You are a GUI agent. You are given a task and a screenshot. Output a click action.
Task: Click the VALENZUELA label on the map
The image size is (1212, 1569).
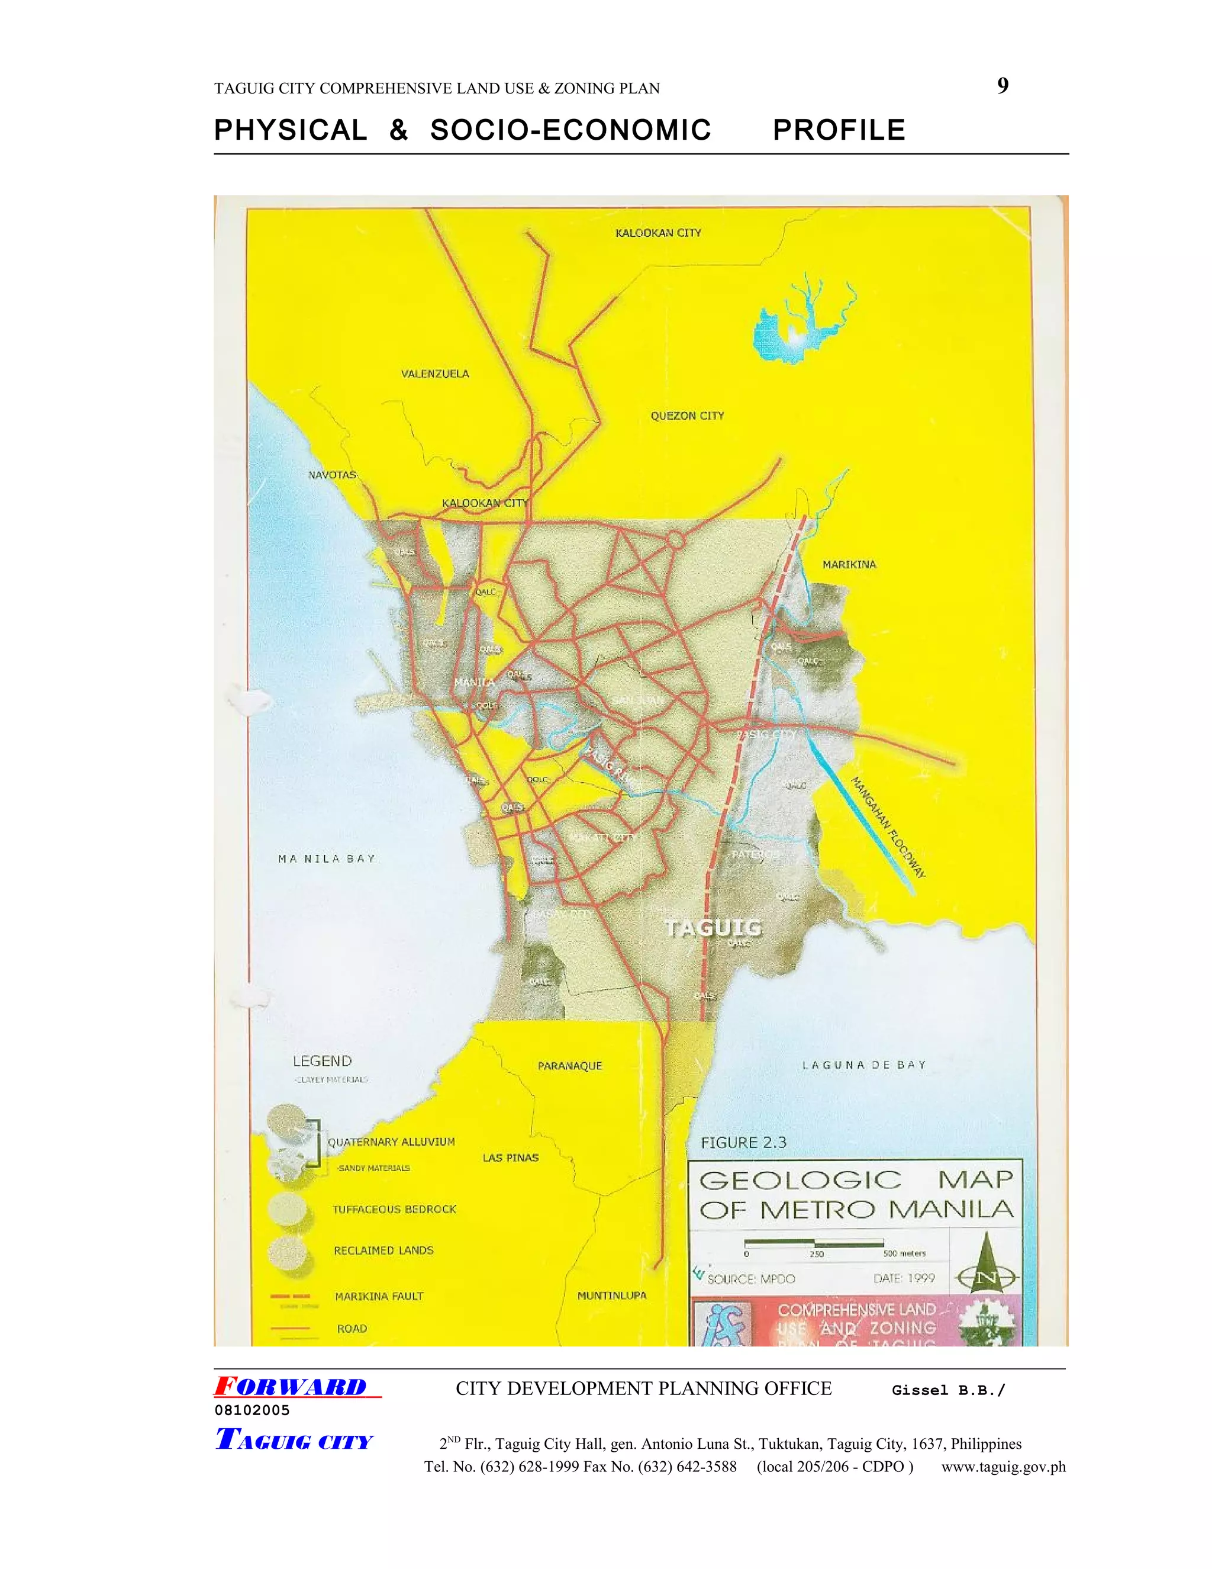(x=434, y=374)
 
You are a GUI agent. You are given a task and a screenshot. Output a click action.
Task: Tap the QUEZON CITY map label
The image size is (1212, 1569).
(x=687, y=415)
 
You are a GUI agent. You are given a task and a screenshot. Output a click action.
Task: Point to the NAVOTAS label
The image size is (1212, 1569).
(x=332, y=475)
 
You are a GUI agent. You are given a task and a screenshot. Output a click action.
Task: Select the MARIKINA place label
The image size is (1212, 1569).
(x=849, y=565)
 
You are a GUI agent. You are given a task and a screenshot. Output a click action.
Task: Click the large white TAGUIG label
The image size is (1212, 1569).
(x=713, y=927)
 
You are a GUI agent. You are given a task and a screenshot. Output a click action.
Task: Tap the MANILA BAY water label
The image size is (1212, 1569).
(x=327, y=859)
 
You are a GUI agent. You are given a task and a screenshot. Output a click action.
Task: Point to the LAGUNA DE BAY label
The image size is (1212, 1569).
(x=864, y=1065)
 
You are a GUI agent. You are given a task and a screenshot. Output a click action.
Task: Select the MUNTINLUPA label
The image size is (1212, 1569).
(x=612, y=1295)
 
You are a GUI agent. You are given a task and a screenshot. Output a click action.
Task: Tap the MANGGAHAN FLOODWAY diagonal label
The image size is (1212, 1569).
(x=888, y=827)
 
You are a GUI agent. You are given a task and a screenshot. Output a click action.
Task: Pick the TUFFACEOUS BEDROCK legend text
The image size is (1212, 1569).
(x=394, y=1209)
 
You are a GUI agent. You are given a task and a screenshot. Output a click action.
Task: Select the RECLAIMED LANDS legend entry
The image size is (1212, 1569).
(x=383, y=1250)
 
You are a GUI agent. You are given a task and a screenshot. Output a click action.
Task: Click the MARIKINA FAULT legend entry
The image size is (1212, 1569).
(x=379, y=1296)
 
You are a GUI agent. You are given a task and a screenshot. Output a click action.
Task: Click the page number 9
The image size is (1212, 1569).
(x=1003, y=86)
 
